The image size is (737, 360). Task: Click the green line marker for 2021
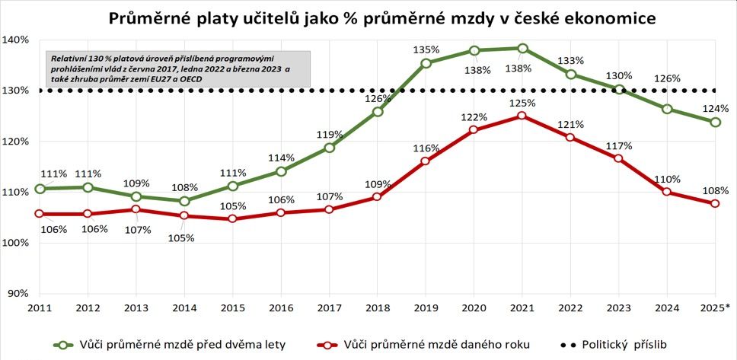[522, 49]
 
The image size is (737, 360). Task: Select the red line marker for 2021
[522, 116]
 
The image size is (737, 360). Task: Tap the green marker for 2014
[185, 201]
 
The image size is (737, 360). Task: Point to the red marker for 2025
[716, 204]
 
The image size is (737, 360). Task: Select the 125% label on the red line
[522, 101]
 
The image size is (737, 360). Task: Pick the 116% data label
[426, 148]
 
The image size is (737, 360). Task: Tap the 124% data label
[716, 108]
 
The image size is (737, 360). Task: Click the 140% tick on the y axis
[15, 40]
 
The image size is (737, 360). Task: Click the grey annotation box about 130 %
[176, 69]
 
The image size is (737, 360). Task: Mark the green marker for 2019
[426, 63]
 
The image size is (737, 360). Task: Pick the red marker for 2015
[233, 219]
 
